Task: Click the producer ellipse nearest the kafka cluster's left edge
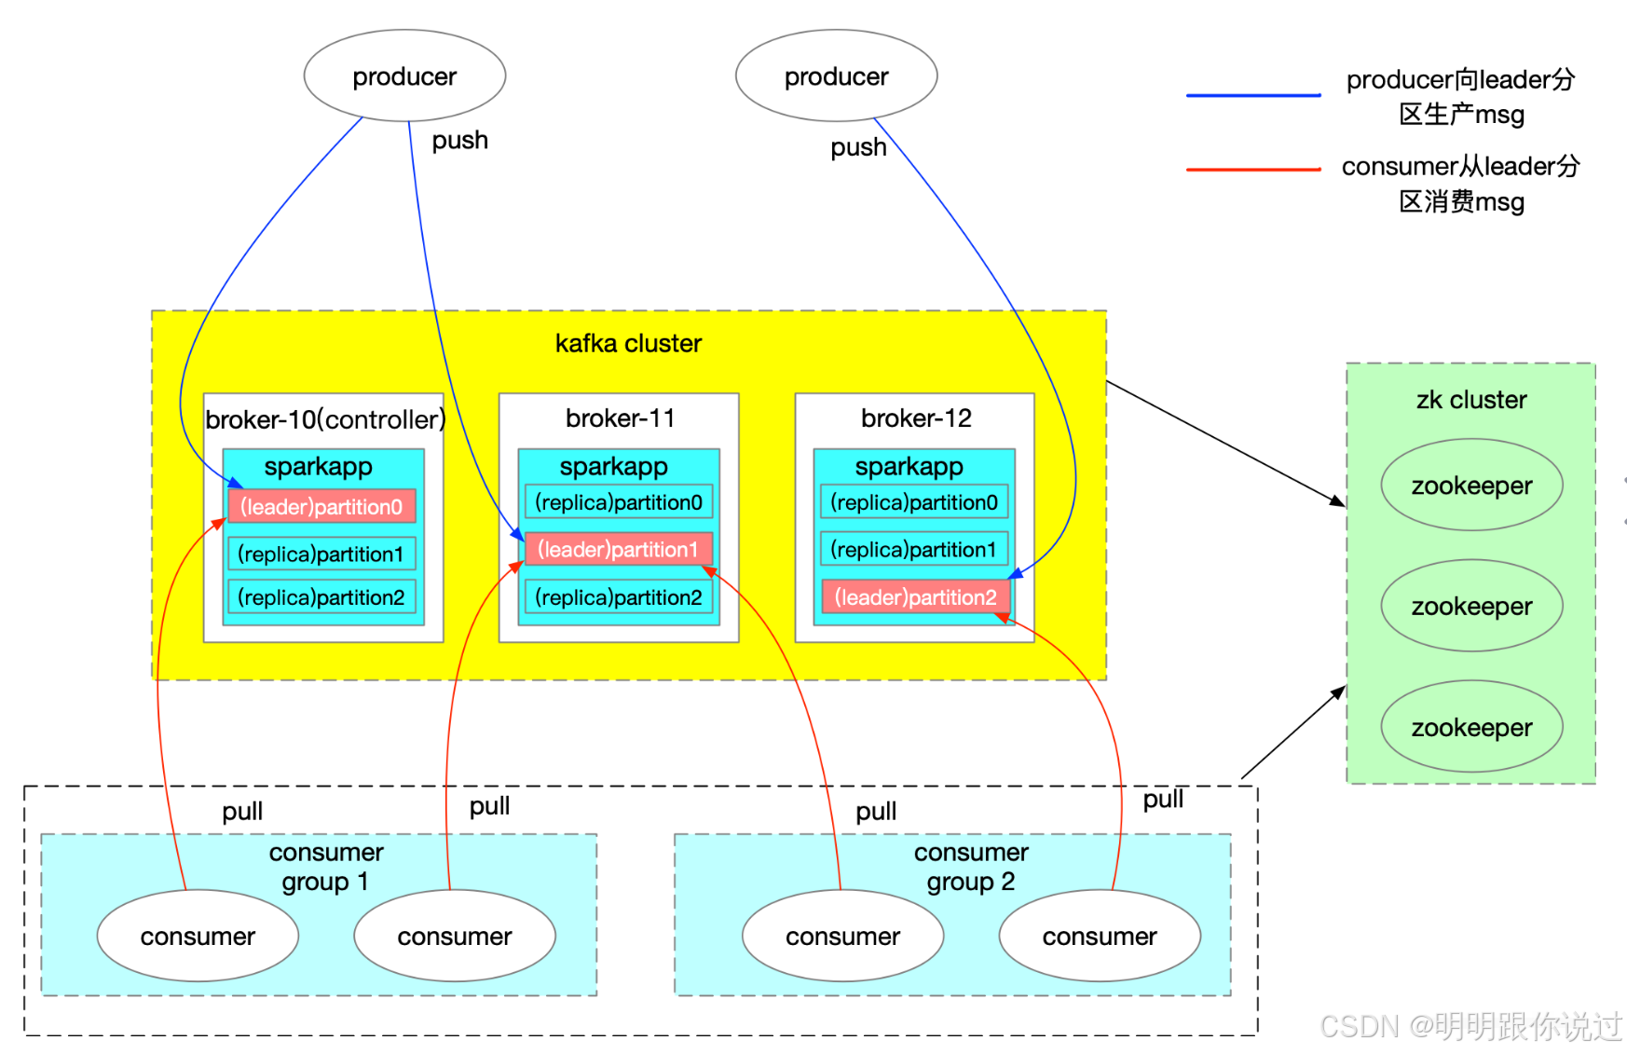404,75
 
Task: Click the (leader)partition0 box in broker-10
321,506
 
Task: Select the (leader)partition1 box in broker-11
618,549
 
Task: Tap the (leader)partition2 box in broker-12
915,597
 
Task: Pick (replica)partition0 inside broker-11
619,502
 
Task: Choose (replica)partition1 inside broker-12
913,549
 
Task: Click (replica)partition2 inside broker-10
321,597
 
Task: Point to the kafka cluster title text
628,343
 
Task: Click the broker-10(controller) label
325,419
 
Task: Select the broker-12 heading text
916,417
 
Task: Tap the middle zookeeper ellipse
1471,606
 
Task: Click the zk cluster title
1471,400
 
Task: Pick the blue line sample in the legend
1253,95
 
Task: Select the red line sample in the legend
1253,170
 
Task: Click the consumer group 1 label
326,867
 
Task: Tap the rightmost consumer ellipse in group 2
1100,936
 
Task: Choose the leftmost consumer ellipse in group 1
198,936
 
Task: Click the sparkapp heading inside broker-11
613,466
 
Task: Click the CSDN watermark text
1470,1026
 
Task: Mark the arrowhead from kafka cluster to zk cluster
1339,502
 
